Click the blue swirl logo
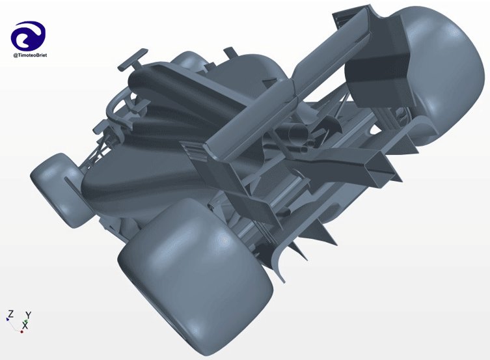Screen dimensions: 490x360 28,35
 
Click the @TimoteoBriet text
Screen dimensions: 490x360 30,55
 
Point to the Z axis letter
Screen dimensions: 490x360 11,314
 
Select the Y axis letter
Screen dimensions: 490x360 29,314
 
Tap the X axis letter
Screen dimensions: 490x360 25,325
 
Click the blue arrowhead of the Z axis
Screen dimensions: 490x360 7,319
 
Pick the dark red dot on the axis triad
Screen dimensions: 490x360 21,331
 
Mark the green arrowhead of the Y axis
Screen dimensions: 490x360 26,321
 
